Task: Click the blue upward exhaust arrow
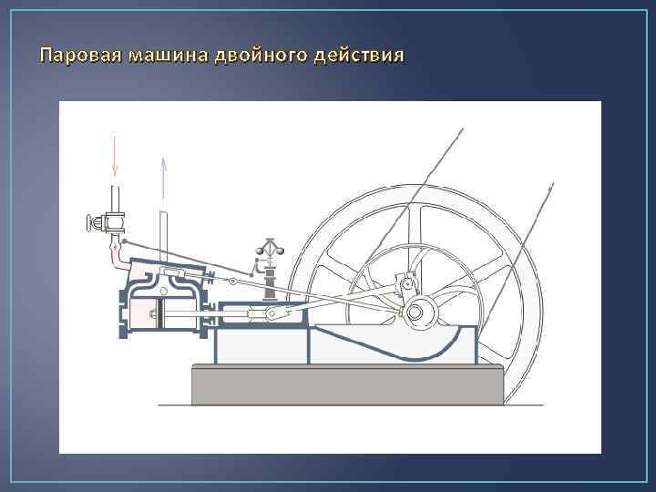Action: pyautogui.click(x=162, y=178)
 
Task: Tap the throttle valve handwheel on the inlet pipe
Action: pyautogui.click(x=92, y=221)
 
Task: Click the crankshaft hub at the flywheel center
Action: pyautogui.click(x=415, y=313)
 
